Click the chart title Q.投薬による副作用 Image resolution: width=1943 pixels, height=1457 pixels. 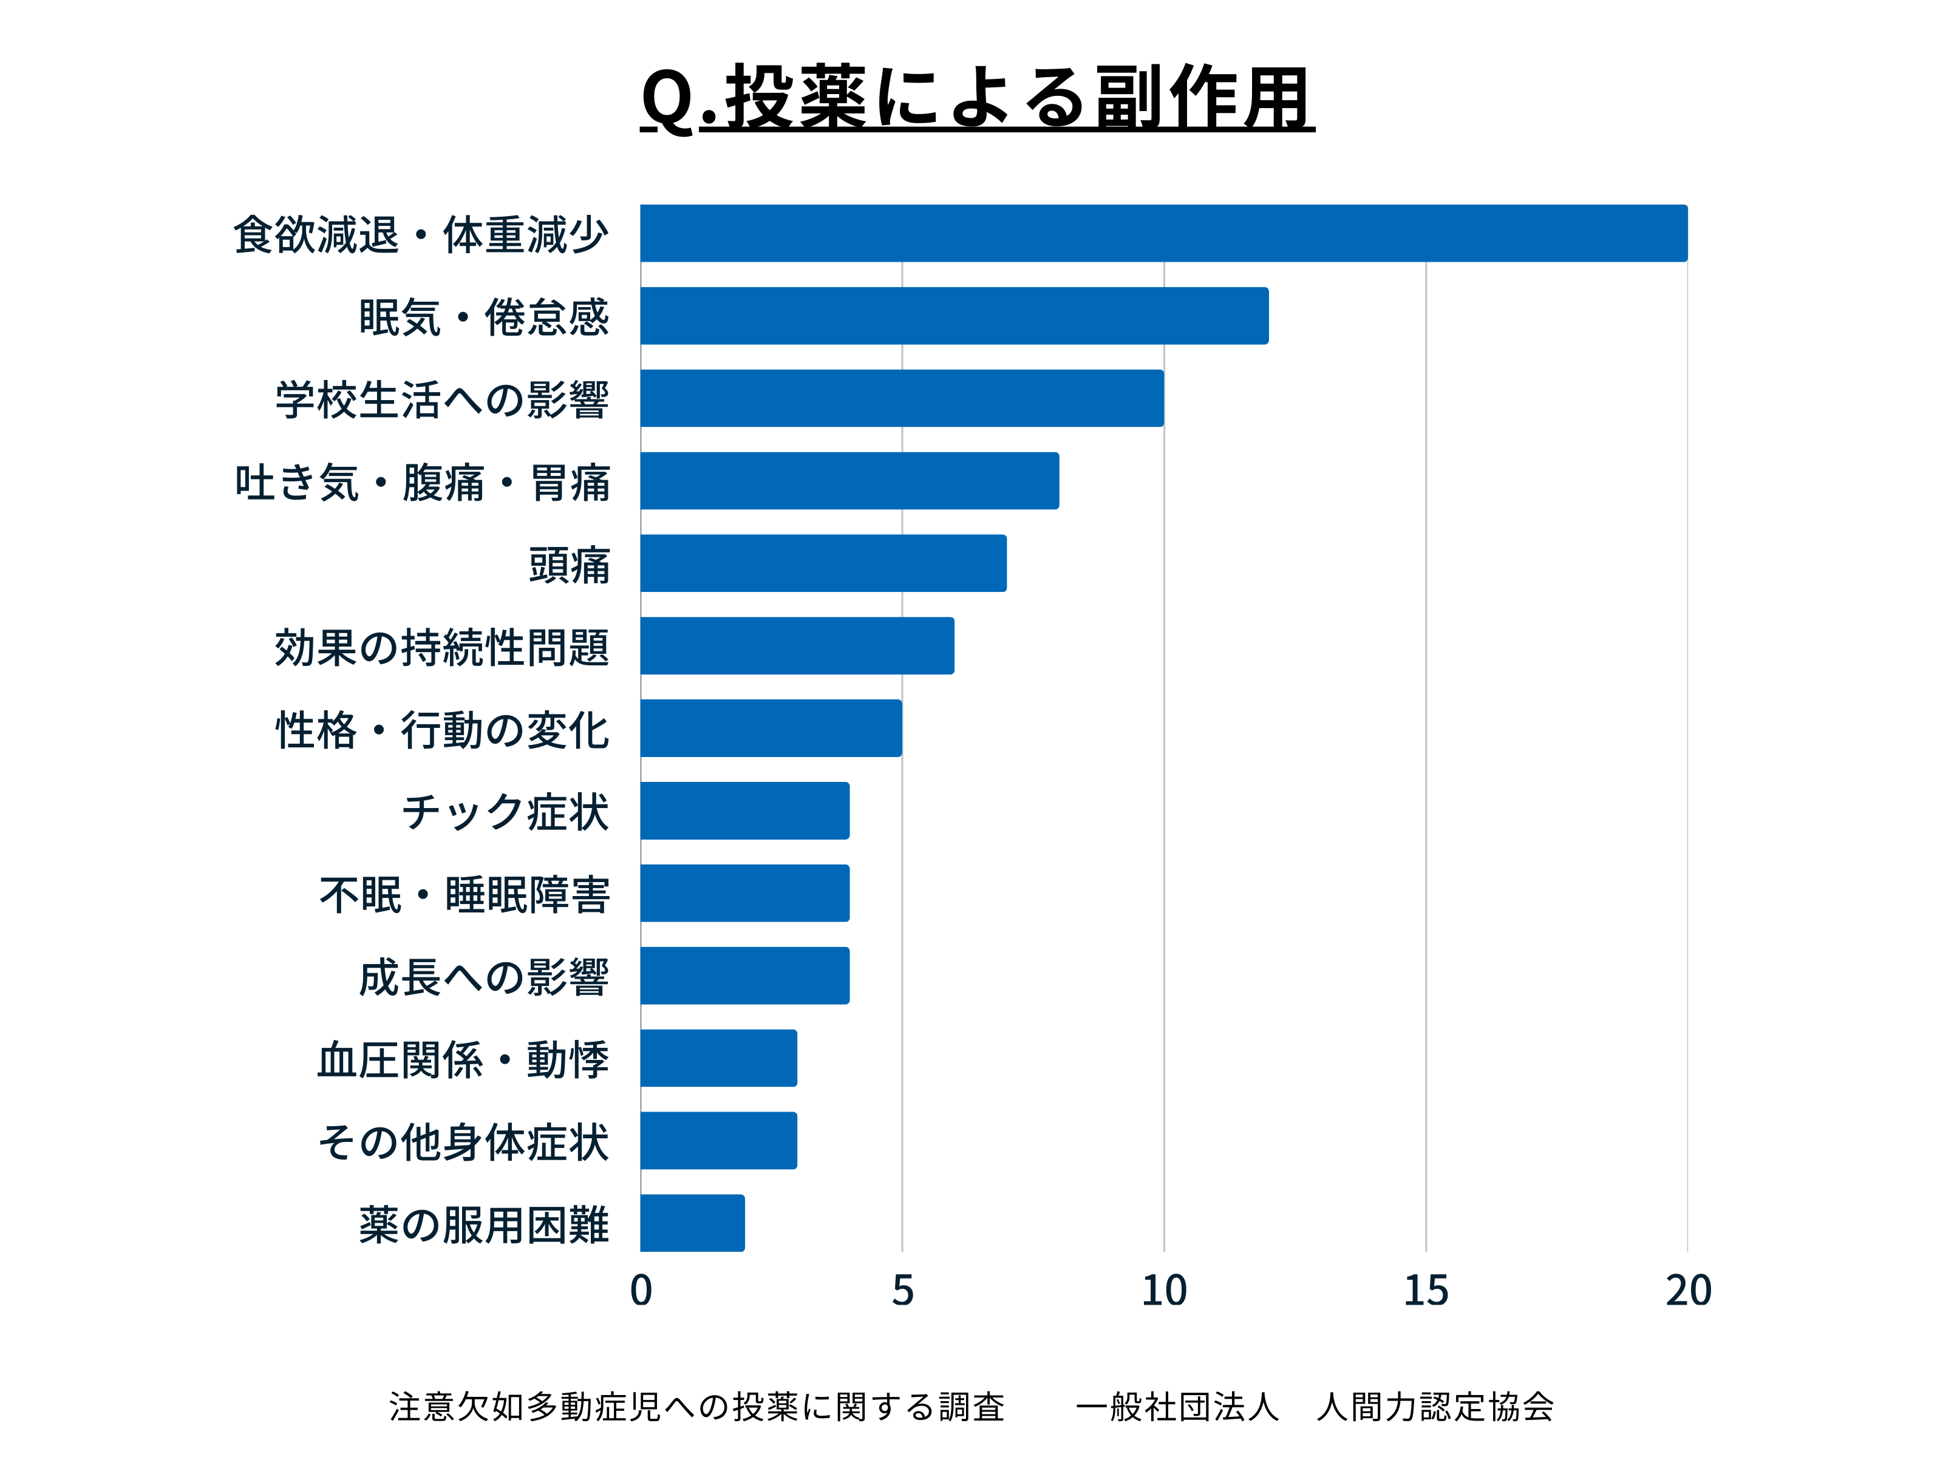coord(977,98)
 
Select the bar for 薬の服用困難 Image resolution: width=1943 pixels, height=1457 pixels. coord(692,1223)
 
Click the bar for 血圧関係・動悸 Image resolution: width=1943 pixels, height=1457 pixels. coord(718,1058)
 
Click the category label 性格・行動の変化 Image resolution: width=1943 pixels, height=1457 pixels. coord(442,730)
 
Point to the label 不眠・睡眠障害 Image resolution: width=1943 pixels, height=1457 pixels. coord(464,895)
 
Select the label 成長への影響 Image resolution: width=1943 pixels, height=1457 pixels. coord(483,977)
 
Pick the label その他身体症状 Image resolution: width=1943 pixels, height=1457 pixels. coord(463,1142)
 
